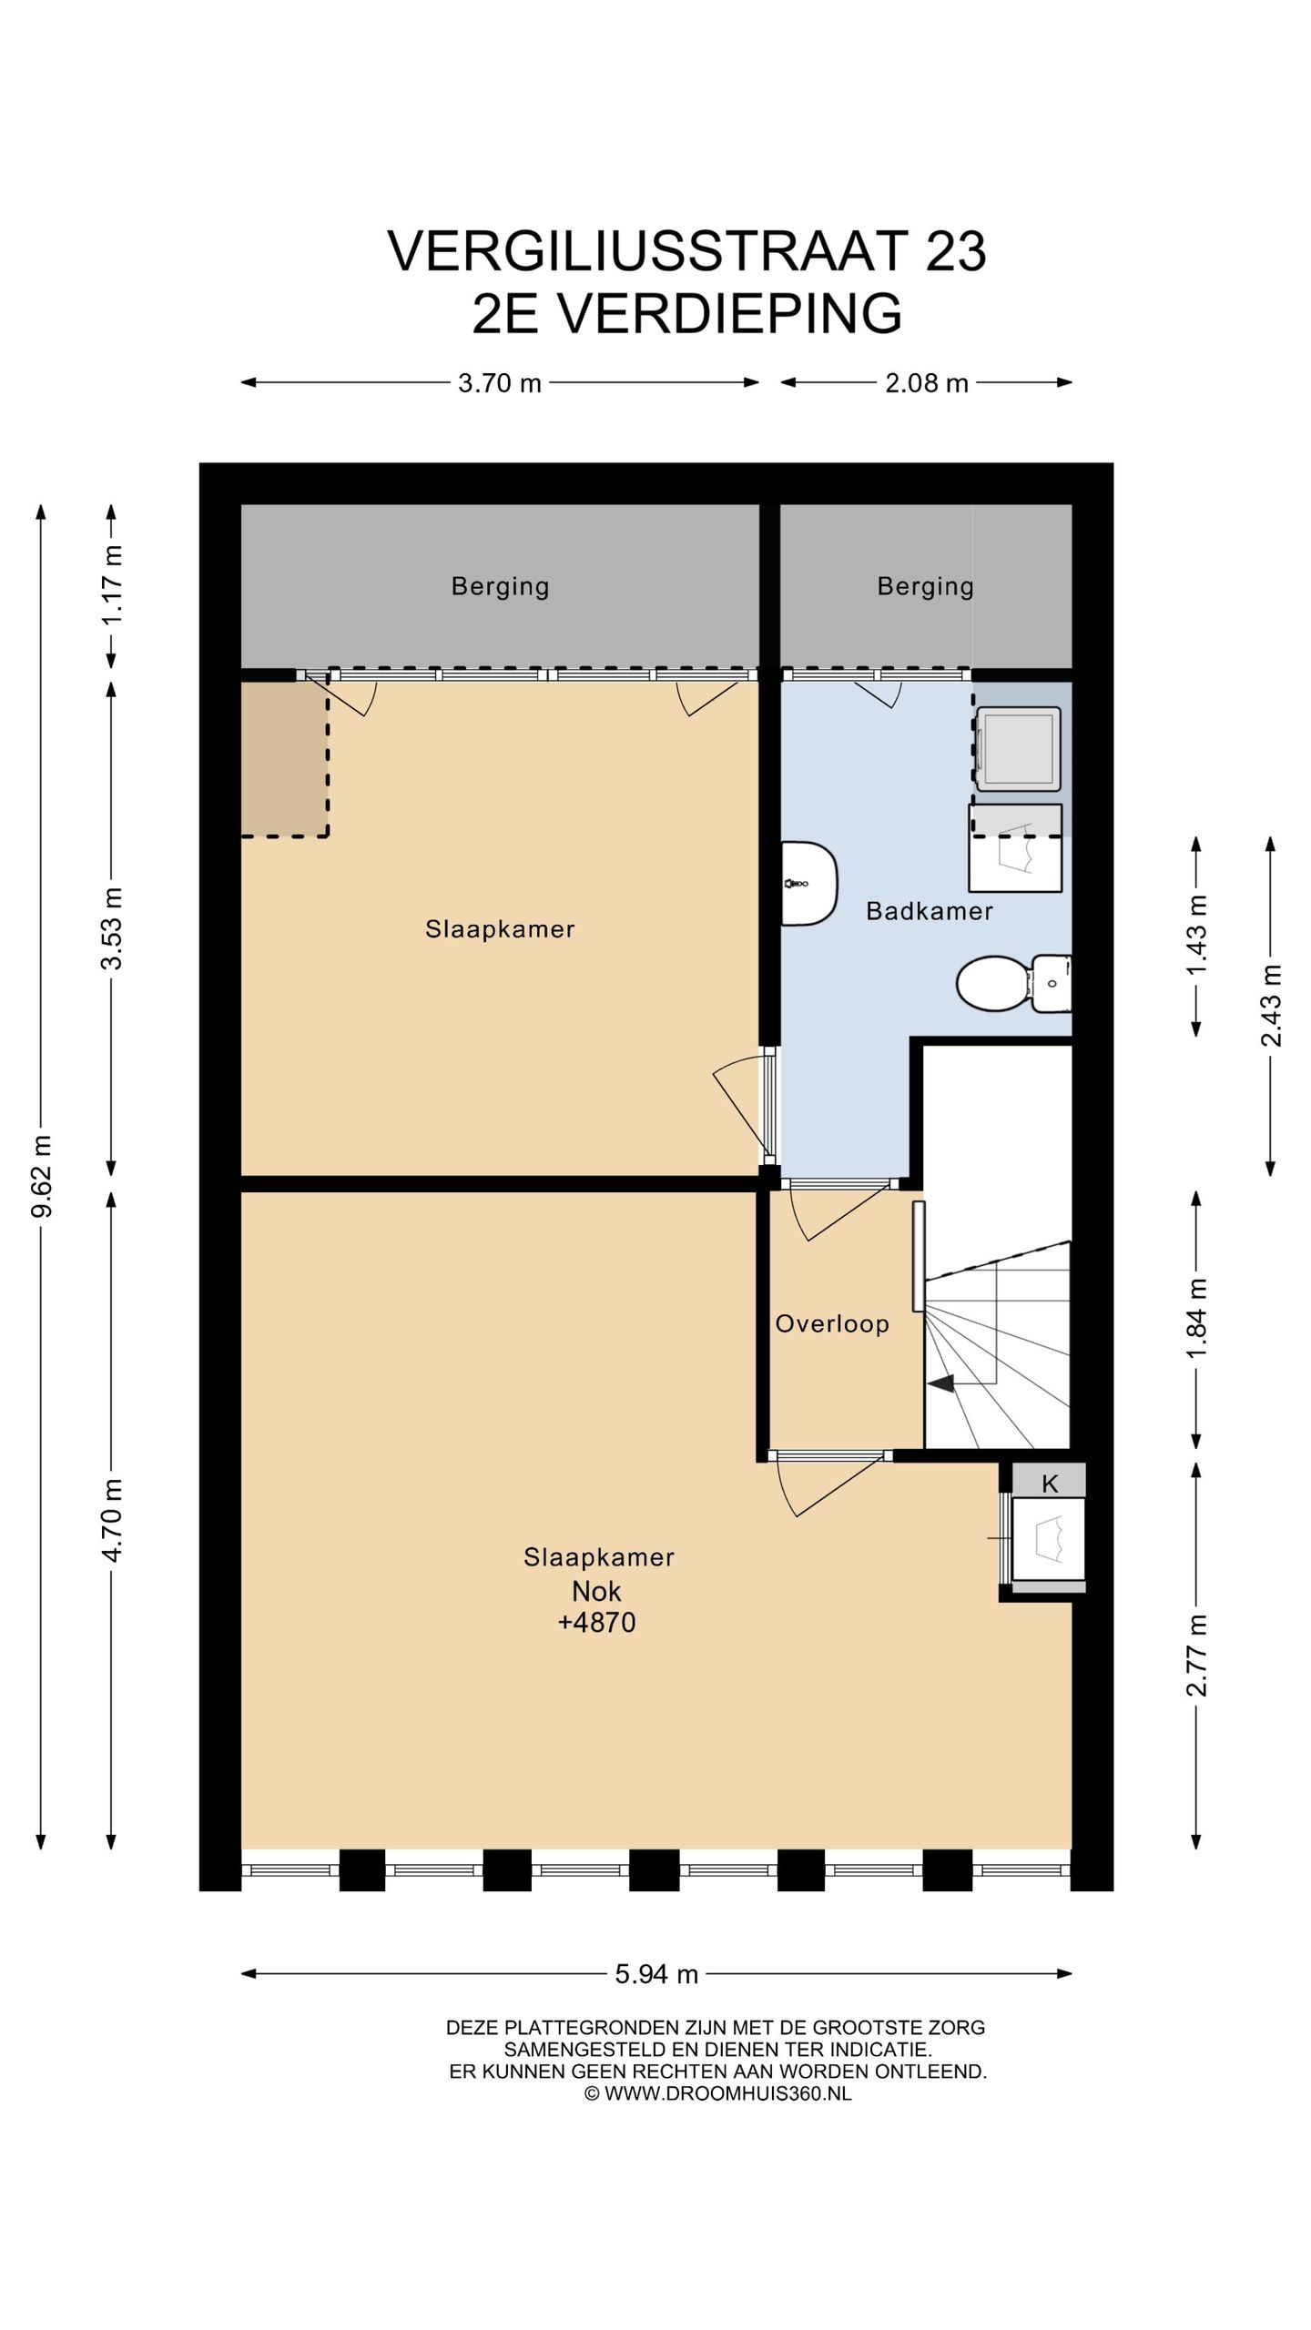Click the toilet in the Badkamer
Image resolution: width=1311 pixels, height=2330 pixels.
pos(1012,983)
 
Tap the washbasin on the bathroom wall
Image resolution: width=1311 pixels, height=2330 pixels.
pos(809,884)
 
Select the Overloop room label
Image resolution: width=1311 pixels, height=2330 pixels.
pos(832,1324)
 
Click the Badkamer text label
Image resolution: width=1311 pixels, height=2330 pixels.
pos(929,911)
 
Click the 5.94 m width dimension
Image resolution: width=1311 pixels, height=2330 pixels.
pos(656,1974)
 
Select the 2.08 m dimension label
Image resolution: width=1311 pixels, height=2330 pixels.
pos(927,383)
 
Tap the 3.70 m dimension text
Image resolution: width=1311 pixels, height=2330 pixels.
pos(500,383)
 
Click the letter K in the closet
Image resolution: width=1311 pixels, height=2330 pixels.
pos(1050,1484)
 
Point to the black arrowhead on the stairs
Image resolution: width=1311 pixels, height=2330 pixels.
pos(940,1383)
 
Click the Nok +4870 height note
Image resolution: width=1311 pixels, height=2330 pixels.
pos(597,1606)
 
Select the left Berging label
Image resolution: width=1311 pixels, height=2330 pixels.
pos(501,586)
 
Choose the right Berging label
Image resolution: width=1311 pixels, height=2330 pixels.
pos(926,586)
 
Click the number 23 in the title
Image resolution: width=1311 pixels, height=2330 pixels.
pos(956,251)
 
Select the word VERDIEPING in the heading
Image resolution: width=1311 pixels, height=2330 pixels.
pos(729,314)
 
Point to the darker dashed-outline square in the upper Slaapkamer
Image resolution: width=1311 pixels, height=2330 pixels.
pos(284,758)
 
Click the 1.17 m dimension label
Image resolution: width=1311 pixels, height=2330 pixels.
pos(113,584)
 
